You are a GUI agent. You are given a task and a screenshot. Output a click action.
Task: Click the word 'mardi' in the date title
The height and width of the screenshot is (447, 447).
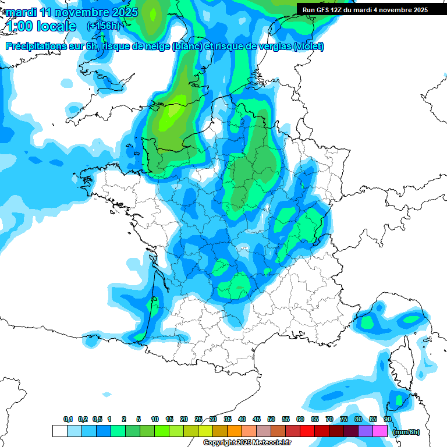(21, 12)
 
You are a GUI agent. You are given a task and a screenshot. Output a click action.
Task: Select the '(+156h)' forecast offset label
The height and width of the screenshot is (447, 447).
(103, 26)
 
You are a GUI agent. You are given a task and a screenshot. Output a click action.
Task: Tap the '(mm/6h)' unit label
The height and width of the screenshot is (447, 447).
(406, 432)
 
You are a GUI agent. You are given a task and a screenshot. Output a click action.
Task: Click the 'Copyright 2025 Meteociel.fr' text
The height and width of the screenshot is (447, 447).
(247, 443)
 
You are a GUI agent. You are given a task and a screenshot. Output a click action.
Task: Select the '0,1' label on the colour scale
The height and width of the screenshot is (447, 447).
(68, 420)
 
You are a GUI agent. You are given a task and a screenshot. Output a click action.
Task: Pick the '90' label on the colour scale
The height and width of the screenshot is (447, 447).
(387, 420)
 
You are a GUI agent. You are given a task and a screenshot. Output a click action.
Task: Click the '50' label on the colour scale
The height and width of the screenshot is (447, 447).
(271, 420)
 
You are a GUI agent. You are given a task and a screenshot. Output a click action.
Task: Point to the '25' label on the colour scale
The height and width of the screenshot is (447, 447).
(198, 420)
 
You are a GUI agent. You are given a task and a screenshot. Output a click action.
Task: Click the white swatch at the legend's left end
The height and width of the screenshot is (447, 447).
(59, 431)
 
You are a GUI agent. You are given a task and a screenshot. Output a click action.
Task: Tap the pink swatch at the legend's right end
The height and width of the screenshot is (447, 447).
(380, 431)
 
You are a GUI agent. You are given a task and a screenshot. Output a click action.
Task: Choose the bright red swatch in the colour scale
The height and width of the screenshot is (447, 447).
(307, 431)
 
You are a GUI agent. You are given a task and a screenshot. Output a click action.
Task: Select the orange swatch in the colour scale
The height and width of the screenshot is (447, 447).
(235, 431)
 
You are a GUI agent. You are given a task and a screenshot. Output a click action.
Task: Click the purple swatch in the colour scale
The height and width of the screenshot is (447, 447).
(366, 431)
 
